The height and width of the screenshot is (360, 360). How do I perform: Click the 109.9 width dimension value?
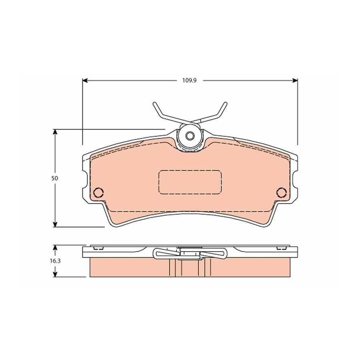click(x=190, y=80)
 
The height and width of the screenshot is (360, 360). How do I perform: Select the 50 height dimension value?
click(x=55, y=178)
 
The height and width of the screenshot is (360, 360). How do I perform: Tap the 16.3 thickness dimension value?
click(x=55, y=261)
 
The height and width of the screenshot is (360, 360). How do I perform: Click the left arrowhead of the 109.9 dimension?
click(x=85, y=80)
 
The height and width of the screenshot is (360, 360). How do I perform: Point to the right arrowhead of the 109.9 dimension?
click(x=295, y=80)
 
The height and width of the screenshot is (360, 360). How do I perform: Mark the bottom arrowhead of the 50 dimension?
click(x=55, y=224)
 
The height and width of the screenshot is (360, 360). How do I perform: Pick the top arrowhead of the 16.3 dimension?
click(x=55, y=248)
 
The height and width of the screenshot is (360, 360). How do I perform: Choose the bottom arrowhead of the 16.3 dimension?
click(x=55, y=274)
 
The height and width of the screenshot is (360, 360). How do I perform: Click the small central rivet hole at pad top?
click(x=190, y=136)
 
